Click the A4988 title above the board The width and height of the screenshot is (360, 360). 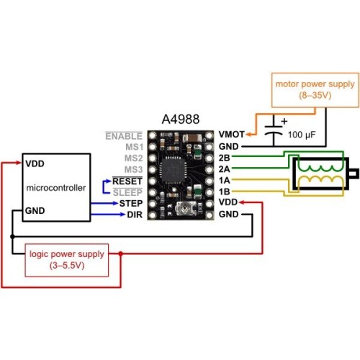(181, 119)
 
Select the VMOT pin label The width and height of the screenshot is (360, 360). (231, 135)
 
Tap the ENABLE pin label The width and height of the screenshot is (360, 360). (124, 136)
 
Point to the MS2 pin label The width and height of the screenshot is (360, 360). (134, 158)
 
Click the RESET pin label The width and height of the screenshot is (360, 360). (127, 181)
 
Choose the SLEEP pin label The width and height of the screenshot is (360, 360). (127, 192)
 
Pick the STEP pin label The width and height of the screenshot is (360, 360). (131, 204)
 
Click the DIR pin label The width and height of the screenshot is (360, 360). (135, 215)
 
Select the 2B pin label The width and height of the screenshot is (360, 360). (224, 158)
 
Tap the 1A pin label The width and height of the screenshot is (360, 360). (224, 180)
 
